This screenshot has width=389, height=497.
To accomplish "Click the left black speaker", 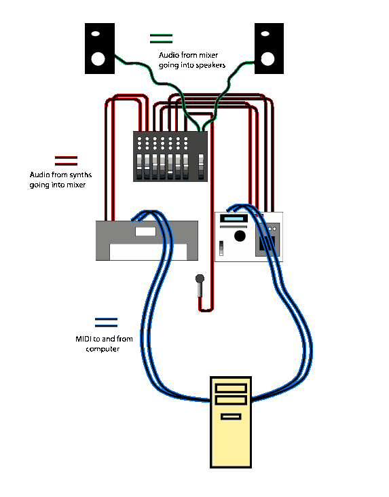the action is coord(100,48).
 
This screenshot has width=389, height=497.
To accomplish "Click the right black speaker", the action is coord(269,48).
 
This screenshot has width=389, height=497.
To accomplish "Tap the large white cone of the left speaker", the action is coord(98,59).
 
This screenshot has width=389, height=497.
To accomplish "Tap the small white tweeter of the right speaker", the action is coord(265,33).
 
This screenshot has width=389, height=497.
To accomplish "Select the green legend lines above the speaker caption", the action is coord(161,39).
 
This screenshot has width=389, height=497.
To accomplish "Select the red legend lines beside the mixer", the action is coord(66,161).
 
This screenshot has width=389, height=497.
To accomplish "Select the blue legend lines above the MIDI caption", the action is coord(106,323).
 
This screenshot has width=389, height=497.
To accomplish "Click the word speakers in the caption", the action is coord(211,65).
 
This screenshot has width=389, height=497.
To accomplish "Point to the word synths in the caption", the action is coord(81,174).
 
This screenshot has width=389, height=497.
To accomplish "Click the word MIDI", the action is coord(84,339).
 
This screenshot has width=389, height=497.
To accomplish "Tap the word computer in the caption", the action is coord(103,349).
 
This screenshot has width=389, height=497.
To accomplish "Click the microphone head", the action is coord(200,278).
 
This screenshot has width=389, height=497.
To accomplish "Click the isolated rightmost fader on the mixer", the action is coord(201,166).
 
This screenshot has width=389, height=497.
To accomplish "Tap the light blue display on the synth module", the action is coord(234,219).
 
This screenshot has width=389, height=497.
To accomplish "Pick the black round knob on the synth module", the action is coord(240,236).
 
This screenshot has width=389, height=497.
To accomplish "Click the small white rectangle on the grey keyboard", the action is coord(145,232).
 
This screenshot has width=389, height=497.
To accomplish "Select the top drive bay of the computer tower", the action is coord(231,388).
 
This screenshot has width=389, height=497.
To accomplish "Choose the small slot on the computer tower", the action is coord(231,416).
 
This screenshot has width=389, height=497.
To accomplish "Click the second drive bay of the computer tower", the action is coord(231,400).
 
